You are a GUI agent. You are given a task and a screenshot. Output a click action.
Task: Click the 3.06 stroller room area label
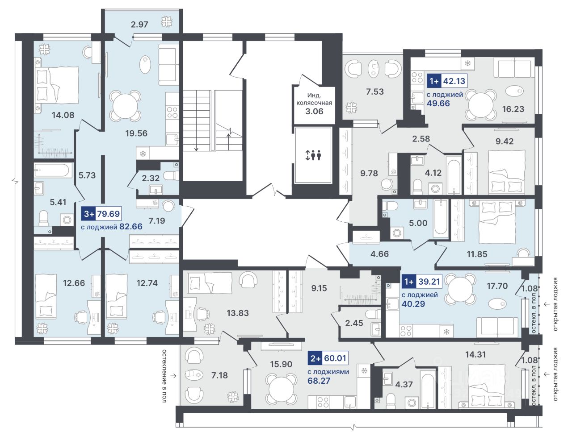pos(314,111)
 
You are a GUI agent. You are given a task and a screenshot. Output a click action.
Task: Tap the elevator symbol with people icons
pos(313,156)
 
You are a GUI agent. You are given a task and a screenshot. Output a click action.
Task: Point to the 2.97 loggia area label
pos(139,24)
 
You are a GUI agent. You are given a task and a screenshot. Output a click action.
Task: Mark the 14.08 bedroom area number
pos(63,115)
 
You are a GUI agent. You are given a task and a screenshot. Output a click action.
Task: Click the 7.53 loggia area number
pos(374,92)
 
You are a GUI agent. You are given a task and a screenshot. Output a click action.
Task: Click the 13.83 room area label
pos(237,313)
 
